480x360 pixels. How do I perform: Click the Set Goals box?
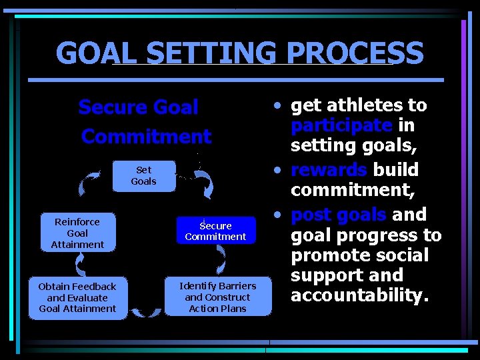pyautogui.click(x=143, y=176)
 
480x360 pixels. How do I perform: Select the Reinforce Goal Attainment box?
pyautogui.click(x=77, y=233)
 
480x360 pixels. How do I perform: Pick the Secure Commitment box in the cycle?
pyautogui.click(x=216, y=231)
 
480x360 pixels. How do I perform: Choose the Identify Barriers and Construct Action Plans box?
pyautogui.click(x=218, y=297)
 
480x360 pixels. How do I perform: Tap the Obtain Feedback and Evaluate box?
pyautogui.click(x=77, y=297)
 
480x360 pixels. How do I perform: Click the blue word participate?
pyautogui.click(x=341, y=125)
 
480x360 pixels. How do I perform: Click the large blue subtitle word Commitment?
pyautogui.click(x=146, y=137)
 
